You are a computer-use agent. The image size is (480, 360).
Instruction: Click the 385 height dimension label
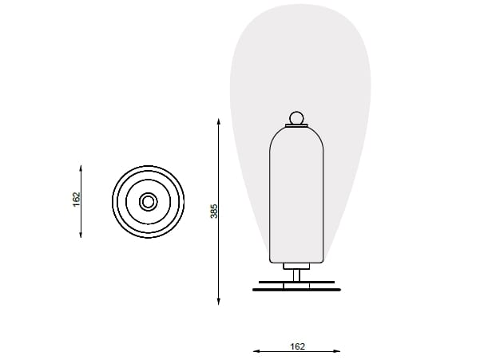pyautogui.click(x=213, y=211)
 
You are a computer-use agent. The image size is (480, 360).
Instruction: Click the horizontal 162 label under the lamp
pyautogui.click(x=297, y=346)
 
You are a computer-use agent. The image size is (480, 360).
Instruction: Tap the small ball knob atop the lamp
pyautogui.click(x=296, y=119)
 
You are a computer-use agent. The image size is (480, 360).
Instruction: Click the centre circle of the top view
pyautogui.click(x=148, y=201)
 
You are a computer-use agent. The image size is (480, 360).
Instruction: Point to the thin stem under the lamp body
pyautogui.click(x=296, y=275)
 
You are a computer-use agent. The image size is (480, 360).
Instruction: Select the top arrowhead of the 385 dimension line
pyautogui.click(x=219, y=122)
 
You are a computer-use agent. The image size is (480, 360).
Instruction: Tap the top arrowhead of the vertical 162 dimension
pyautogui.click(x=81, y=168)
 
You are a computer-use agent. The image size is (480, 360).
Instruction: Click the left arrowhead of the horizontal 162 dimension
pyautogui.click(x=256, y=350)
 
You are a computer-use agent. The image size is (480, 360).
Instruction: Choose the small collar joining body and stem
pyautogui.click(x=296, y=266)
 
